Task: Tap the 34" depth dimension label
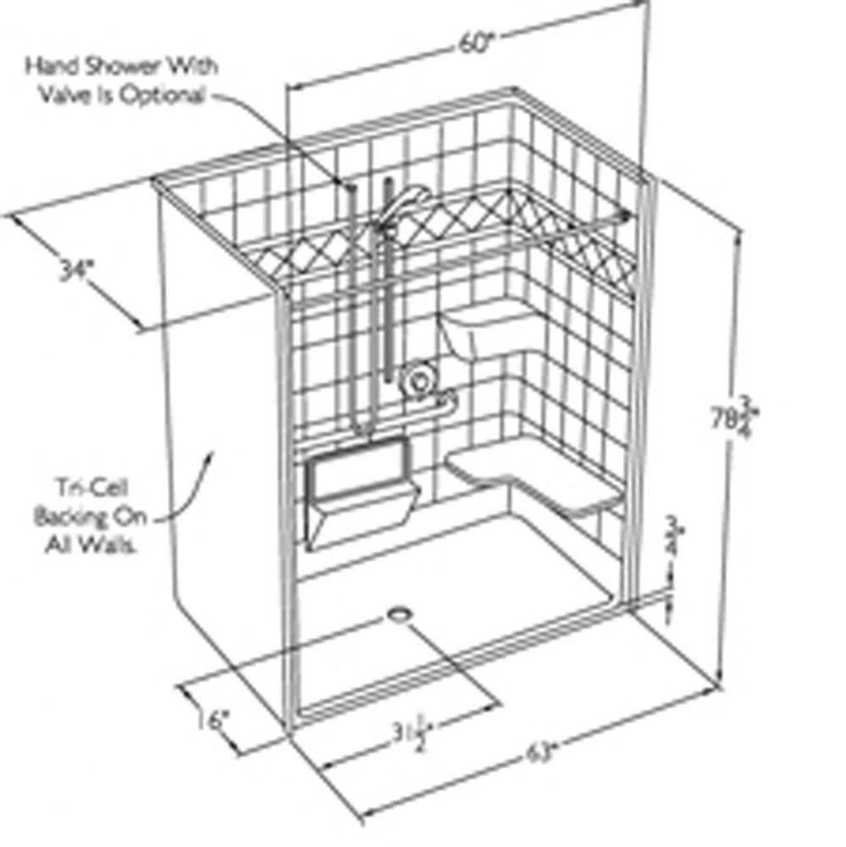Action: click(x=77, y=271)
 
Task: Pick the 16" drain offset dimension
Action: click(x=208, y=721)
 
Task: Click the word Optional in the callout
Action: click(x=165, y=95)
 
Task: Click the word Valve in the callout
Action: click(x=68, y=95)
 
